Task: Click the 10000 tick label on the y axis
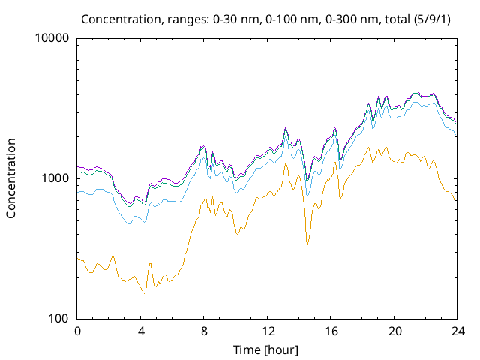click(x=52, y=38)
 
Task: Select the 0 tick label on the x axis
click(x=77, y=331)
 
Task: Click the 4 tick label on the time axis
click(x=141, y=331)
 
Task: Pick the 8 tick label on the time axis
click(x=204, y=331)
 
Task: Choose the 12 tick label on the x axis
click(x=267, y=331)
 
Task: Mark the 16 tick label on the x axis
click(x=331, y=331)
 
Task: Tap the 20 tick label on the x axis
click(x=394, y=331)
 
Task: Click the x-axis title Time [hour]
click(x=267, y=349)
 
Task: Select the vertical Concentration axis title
click(x=11, y=178)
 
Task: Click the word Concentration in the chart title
click(x=117, y=18)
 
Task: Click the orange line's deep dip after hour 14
click(x=307, y=244)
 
